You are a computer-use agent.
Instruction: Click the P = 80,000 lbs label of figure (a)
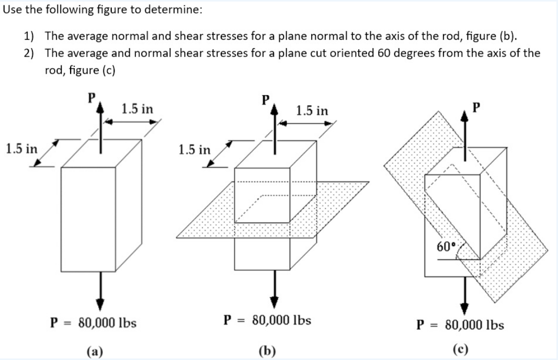point(94,322)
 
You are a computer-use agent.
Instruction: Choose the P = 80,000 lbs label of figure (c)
point(460,325)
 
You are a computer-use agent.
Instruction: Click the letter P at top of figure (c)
point(475,107)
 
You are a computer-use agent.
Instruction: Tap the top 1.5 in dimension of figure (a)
point(138,109)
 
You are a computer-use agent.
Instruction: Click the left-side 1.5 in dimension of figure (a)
point(21,148)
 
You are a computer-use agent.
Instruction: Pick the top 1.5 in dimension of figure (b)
point(312,110)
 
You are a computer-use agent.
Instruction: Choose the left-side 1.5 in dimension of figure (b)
point(195,150)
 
